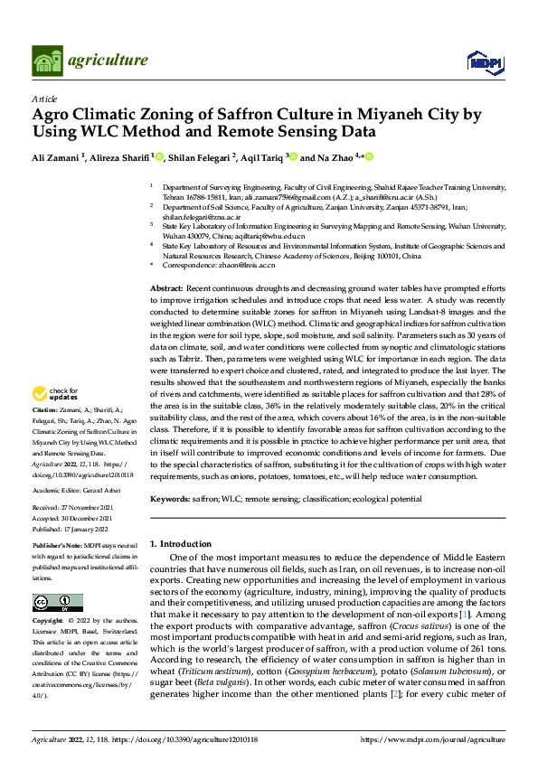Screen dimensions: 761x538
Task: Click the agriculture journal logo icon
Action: pyautogui.click(x=46, y=60)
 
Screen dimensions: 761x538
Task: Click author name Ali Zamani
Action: pyautogui.click(x=56, y=157)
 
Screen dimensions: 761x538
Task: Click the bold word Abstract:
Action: pyautogui.click(x=168, y=287)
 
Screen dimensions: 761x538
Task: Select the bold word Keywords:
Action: pyautogui.click(x=171, y=499)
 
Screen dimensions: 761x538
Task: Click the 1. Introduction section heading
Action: pyautogui.click(x=180, y=543)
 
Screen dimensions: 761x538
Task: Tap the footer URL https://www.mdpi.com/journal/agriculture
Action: pyautogui.click(x=433, y=740)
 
